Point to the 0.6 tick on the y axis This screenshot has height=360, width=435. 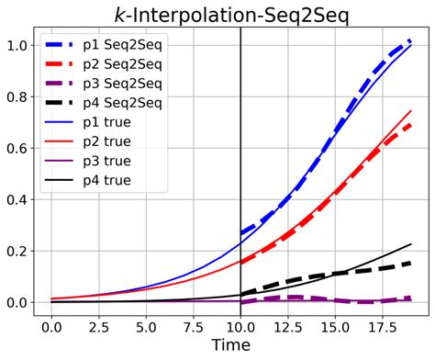(16, 148)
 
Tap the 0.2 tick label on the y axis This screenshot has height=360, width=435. (16, 251)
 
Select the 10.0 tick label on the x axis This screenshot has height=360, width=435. (240, 325)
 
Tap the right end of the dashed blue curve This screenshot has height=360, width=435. (410, 40)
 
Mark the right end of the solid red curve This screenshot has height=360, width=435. (410, 111)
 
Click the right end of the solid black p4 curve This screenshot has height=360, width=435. (410, 244)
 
